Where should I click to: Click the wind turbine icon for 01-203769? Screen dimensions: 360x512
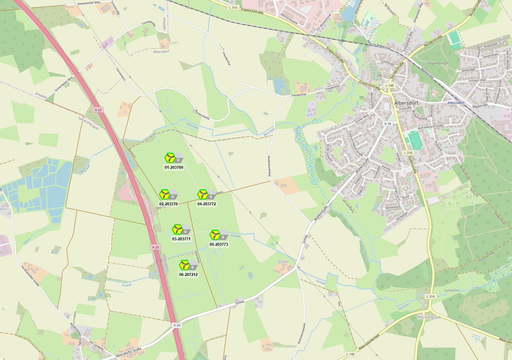pos(170,158)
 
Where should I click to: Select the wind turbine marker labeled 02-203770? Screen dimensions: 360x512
pos(164,194)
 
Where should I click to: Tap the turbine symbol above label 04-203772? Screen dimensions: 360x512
pos(203,194)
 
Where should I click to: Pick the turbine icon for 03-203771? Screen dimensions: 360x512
pos(177,229)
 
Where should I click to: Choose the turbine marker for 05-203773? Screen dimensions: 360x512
pos(215,235)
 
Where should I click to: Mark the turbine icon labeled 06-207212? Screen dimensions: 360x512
pos(184,265)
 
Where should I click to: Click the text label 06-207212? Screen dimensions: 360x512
pos(188,275)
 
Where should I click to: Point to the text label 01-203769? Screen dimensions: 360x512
pos(174,167)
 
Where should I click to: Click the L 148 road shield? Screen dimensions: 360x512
pos(389,86)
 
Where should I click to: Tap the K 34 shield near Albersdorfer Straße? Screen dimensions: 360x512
pos(177,325)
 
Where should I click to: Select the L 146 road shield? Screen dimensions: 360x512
pos(351,354)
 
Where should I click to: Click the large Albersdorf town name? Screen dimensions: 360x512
pos(406,103)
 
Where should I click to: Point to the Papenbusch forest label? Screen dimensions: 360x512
pos(438,63)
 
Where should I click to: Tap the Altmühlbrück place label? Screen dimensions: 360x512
pos(430,317)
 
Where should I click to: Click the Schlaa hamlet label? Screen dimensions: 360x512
pos(283,261)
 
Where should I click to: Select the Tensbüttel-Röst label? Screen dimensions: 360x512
pos(88,123)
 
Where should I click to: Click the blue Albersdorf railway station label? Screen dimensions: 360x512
pos(456,103)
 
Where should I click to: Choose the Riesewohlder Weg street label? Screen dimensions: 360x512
pos(89,3)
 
